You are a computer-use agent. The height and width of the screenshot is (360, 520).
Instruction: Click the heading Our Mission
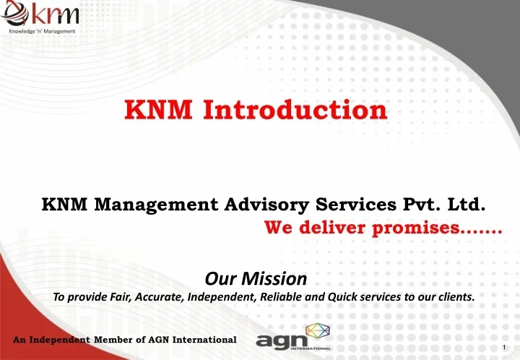pos(256,278)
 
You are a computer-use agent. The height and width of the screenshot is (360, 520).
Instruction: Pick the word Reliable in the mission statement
pos(285,297)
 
